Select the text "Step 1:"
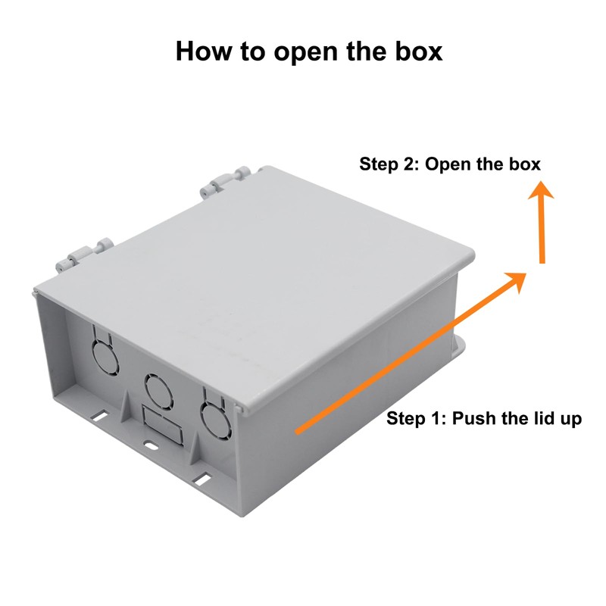417,419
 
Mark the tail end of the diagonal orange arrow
298,431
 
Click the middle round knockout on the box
158,390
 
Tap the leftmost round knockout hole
102,351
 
